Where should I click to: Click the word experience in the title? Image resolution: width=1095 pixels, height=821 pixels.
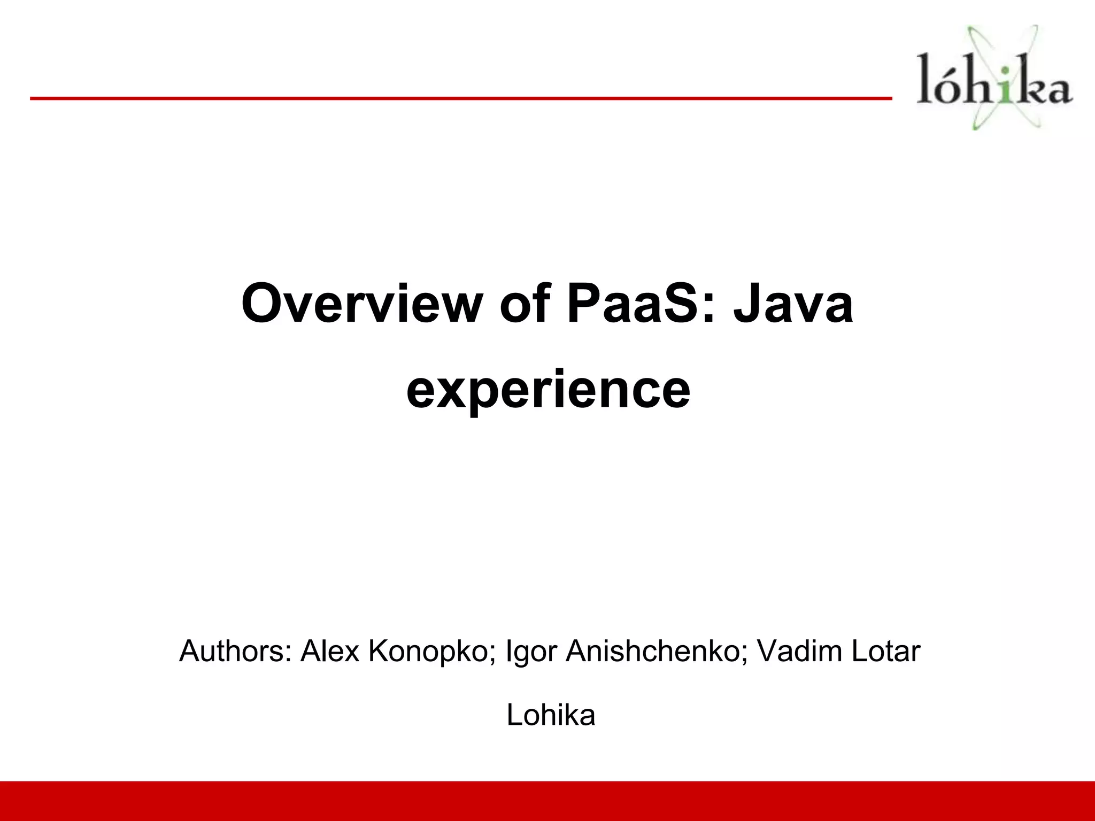click(548, 390)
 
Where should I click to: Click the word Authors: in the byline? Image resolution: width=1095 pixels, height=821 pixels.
click(236, 652)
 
